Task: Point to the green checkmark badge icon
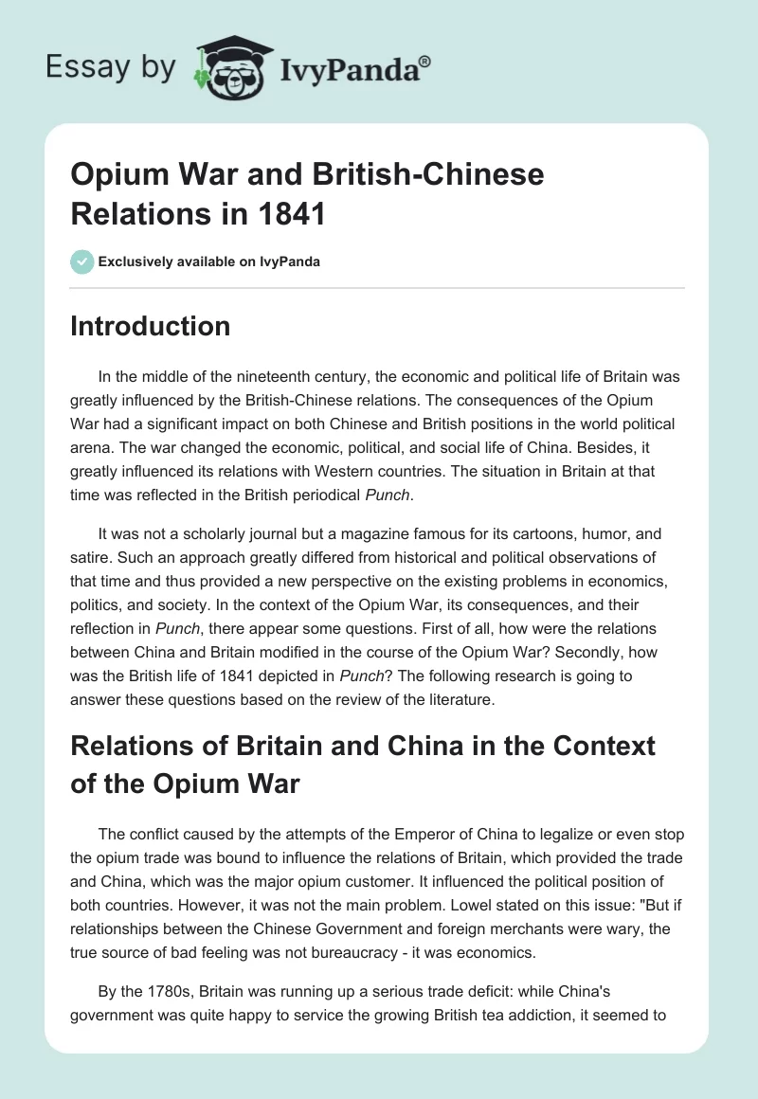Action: coord(82,261)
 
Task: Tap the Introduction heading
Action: coord(151,326)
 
